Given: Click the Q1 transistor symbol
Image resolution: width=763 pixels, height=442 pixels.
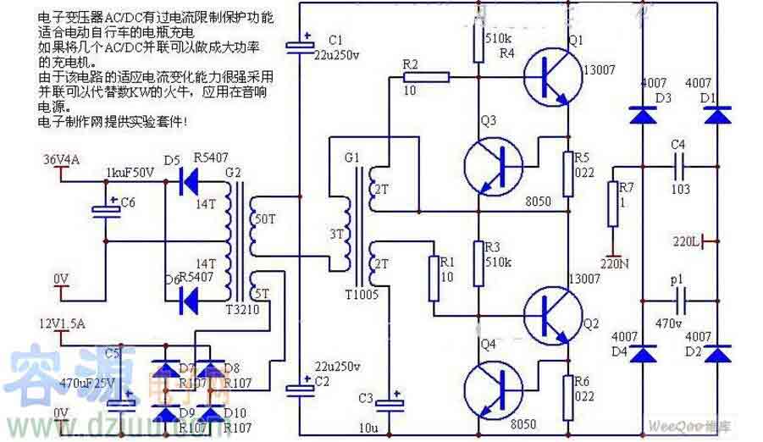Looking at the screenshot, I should [551, 75].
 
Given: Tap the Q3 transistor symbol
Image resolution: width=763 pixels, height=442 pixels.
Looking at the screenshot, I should [494, 167].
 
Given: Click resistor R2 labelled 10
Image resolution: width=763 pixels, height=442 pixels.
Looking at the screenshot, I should [432, 78].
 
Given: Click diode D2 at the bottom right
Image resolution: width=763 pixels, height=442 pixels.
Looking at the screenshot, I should [718, 355].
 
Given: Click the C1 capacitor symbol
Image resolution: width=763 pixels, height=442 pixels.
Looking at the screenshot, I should [299, 45].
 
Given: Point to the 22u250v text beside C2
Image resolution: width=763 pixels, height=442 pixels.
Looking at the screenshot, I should [337, 366].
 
